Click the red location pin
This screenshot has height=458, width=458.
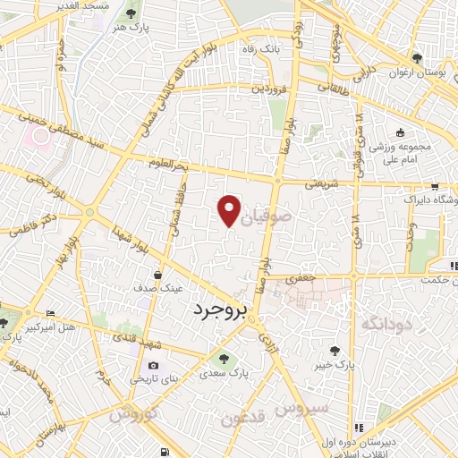229,209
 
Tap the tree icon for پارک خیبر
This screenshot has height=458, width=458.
335,352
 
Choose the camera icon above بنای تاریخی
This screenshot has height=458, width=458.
153,366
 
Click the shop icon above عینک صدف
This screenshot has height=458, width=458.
158,275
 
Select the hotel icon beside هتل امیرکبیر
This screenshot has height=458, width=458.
49,313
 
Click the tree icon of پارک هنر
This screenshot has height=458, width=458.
132,14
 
